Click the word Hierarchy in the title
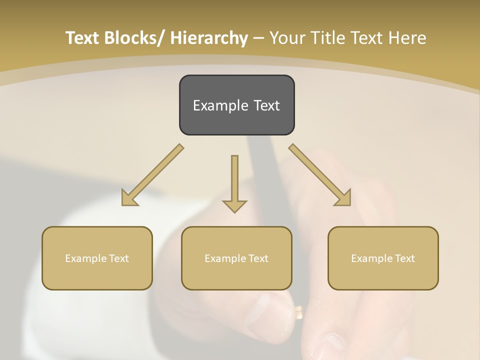[x=208, y=38]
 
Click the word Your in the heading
[x=288, y=38]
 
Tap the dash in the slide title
[x=258, y=38]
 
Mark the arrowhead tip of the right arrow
[x=350, y=205]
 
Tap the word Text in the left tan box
[x=119, y=258]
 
